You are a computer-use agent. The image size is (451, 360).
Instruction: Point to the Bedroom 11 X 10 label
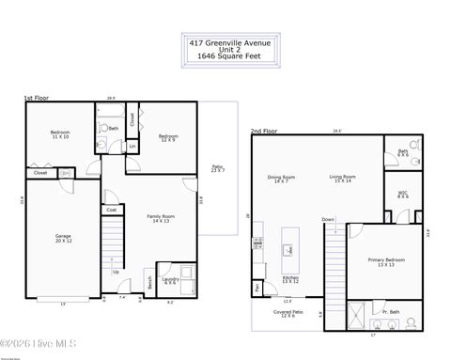tap(59, 134)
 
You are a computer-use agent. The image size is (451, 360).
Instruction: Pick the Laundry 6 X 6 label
tap(170, 280)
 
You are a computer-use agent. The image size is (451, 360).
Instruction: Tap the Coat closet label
tap(112, 210)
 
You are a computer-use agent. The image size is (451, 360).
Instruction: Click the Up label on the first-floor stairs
tap(117, 273)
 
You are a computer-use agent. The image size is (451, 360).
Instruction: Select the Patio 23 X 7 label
tap(218, 168)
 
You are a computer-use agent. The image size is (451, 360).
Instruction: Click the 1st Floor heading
tap(36, 98)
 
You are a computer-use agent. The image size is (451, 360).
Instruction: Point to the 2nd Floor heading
tap(263, 131)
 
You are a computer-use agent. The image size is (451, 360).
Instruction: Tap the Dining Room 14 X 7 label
tap(281, 179)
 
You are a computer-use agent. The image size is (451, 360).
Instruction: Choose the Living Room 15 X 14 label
tap(342, 179)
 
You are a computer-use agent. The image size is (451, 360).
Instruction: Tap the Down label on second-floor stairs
tap(328, 219)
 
